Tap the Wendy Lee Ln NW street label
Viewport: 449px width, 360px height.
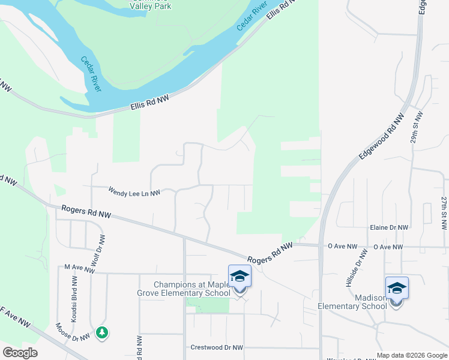[134, 192]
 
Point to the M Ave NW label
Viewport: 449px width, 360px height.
[79, 269]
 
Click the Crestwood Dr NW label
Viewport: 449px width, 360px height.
[216, 347]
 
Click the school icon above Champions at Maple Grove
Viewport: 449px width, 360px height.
[240, 277]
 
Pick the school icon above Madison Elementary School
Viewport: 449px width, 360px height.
[397, 289]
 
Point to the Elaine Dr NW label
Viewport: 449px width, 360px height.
[389, 228]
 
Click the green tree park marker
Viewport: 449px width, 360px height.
[102, 332]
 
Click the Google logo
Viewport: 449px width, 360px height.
[20, 353]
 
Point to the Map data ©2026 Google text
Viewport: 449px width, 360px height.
[411, 355]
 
